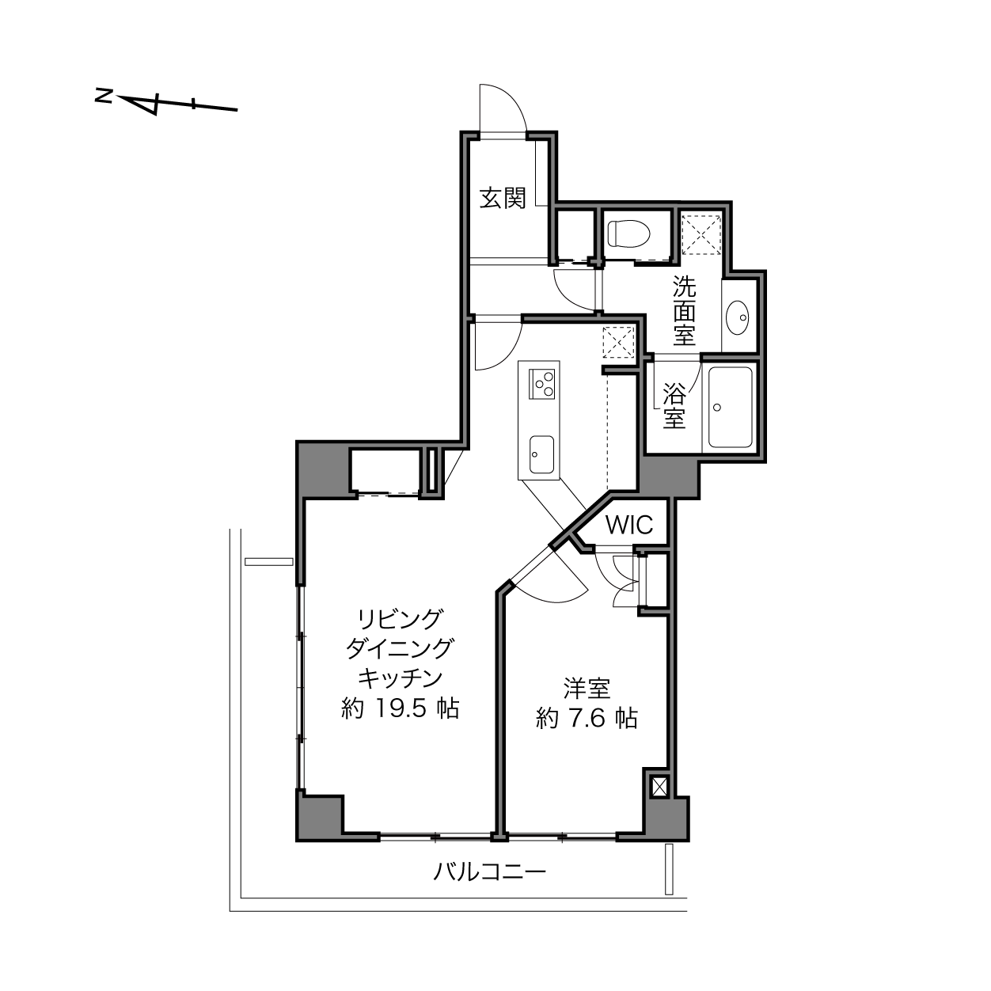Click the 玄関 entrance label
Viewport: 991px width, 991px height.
coord(503,199)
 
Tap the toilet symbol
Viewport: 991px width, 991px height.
coord(628,234)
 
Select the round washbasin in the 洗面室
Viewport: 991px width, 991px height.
coord(738,317)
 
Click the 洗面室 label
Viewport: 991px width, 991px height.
coord(685,310)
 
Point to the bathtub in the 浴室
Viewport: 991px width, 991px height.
coord(731,408)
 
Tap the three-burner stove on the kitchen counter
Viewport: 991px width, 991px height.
coord(541,384)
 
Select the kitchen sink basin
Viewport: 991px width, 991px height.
coord(541,454)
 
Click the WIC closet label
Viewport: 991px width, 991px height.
coord(629,525)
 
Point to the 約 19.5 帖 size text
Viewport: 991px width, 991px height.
coord(400,709)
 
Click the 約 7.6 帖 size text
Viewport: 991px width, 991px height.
coord(587,718)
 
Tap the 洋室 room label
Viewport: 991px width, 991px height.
coord(587,689)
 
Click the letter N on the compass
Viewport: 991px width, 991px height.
coord(104,96)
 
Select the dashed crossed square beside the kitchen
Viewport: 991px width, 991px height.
coord(619,342)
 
